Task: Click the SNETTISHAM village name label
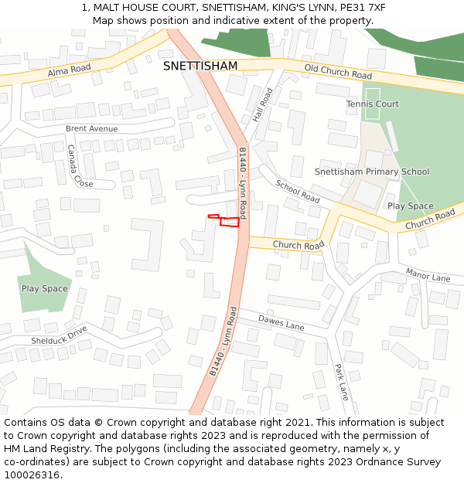click(200, 66)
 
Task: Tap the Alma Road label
click(69, 70)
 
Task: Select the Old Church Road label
click(338, 72)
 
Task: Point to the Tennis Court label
click(372, 104)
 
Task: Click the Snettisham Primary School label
click(372, 172)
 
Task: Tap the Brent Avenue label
click(91, 128)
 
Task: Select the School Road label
click(298, 192)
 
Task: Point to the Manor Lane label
click(428, 274)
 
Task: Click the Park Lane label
click(341, 383)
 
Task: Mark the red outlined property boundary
click(227, 221)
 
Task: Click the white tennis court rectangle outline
click(373, 109)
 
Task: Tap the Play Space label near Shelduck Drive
click(44, 289)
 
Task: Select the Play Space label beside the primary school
click(410, 206)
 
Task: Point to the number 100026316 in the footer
click(32, 475)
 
